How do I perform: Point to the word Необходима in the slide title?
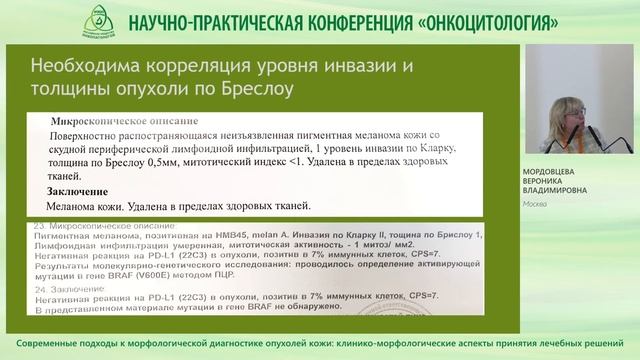(x=79, y=67)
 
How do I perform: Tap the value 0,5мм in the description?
(x=176, y=163)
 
